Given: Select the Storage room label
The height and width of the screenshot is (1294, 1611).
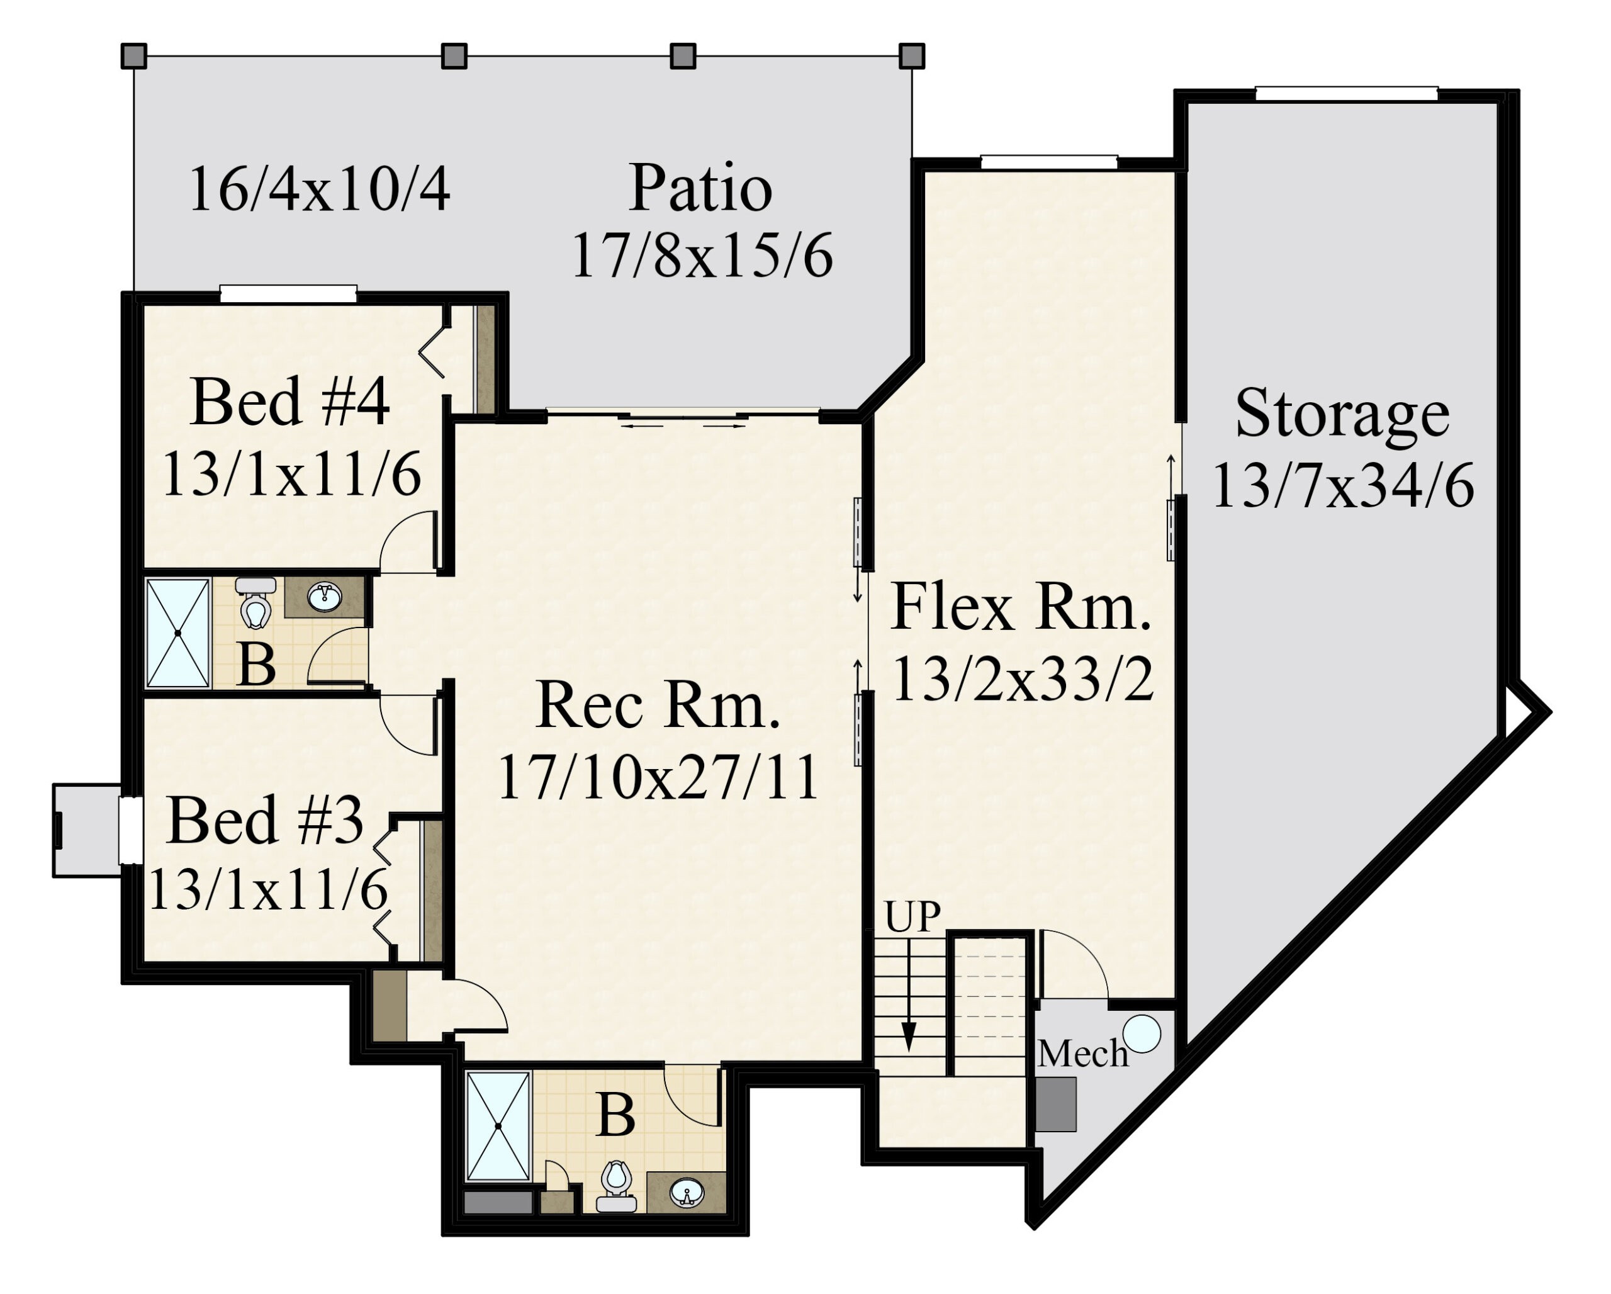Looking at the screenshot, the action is pos(1342,415).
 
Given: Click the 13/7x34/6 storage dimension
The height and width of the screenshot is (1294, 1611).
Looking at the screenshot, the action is pos(1343,486).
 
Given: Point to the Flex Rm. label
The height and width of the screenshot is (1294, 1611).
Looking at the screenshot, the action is pos(1021,607).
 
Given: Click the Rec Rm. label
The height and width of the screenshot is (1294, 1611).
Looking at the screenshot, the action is pos(658,704).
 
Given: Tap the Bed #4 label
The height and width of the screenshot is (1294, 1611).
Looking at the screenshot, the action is pos(290,402).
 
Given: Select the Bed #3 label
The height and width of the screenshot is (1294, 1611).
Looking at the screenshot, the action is pos(266,820).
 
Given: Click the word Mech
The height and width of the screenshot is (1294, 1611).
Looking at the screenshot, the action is pos(1083,1054).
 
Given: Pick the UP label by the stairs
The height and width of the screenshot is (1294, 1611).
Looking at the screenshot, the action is pos(912,917).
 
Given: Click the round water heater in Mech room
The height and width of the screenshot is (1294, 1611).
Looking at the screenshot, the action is pos(1142,1034).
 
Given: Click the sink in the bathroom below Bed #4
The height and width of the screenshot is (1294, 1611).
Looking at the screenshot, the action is pos(324,597).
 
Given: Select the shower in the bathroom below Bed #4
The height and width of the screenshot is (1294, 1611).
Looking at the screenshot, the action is pos(178,633).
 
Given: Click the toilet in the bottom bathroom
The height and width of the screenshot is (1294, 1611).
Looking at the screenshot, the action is pos(617,1186).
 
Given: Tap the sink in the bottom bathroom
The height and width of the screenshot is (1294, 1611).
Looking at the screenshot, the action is pos(687,1193).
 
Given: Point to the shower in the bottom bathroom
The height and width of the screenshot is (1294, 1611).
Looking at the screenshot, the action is pos(498,1126).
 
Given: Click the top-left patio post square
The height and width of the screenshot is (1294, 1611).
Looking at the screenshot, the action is pos(134,56).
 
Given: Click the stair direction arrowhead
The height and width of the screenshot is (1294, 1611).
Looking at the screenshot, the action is pos(909,1037).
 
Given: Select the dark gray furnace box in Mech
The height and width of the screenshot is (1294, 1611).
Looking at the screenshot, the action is pos(1056,1104).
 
